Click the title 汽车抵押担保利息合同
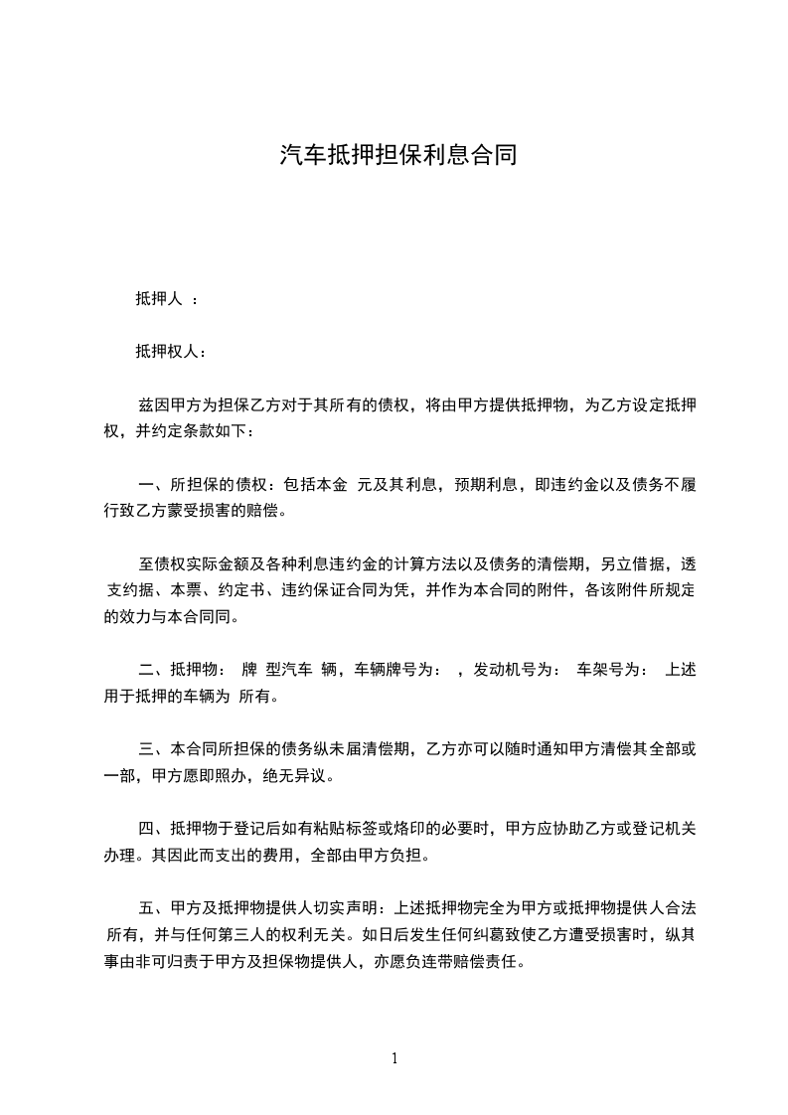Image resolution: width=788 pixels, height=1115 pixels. [x=397, y=156]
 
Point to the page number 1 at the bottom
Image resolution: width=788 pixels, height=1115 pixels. [x=394, y=1058]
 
